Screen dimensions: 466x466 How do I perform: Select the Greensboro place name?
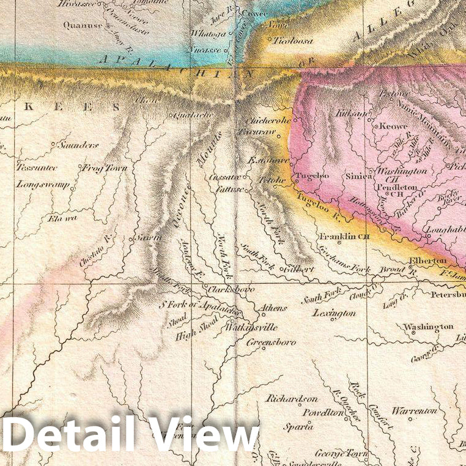[x=271, y=342]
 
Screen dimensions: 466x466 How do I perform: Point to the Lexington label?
[x=334, y=313]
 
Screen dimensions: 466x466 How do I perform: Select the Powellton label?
[x=323, y=413]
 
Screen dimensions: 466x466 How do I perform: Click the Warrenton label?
[x=415, y=410]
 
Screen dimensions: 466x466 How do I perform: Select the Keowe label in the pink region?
[x=393, y=125]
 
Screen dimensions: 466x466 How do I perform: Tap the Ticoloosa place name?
[x=292, y=41]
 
